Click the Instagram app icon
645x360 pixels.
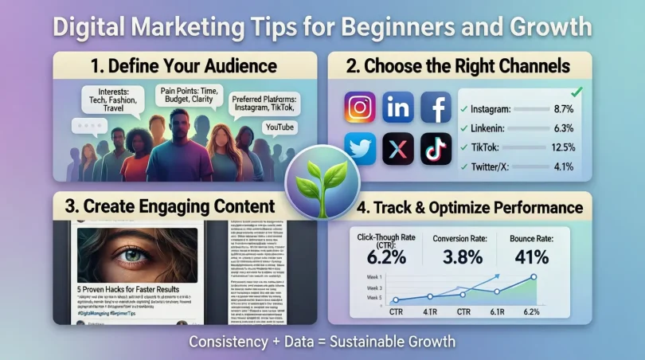[360, 108]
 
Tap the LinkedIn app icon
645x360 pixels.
[398, 108]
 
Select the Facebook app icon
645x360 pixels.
[436, 108]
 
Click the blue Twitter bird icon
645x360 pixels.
[360, 148]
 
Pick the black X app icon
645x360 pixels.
[398, 148]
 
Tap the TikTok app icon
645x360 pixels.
[436, 148]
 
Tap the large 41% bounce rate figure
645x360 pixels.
[531, 256]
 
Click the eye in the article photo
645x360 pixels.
[139, 255]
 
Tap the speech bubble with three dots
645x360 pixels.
[88, 127]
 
